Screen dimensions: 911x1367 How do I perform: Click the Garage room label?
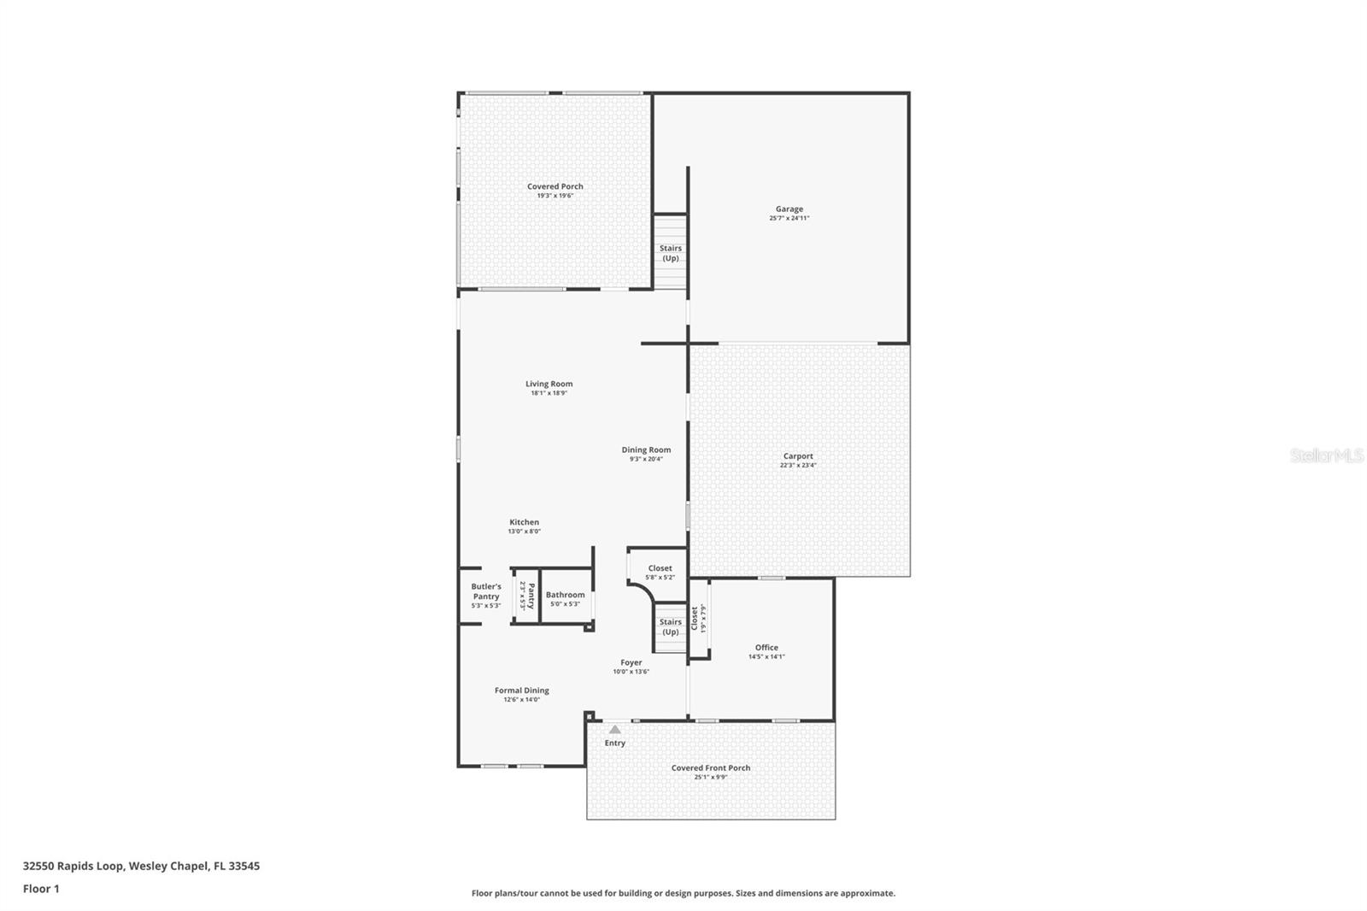click(x=789, y=209)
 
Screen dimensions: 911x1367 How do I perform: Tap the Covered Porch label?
click(x=554, y=186)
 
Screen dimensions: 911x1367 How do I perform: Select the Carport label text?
click(x=798, y=456)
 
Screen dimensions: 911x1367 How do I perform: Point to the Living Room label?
click(x=549, y=384)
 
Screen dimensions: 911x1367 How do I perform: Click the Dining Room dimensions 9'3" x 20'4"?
click(x=646, y=460)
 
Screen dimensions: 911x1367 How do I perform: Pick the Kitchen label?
click(x=524, y=522)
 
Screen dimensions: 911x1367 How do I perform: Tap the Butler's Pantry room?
click(x=486, y=596)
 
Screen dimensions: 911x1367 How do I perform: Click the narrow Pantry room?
click(x=526, y=596)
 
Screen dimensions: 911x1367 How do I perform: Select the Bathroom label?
click(x=565, y=595)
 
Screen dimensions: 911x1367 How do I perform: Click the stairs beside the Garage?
click(x=671, y=253)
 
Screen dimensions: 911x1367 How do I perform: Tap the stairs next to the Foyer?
click(x=671, y=627)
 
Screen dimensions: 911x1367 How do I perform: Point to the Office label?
click(x=766, y=648)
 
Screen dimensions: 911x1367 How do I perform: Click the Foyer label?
click(x=631, y=662)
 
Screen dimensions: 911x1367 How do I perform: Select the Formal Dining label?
click(x=521, y=691)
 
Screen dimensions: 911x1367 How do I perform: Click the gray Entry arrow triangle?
click(x=615, y=730)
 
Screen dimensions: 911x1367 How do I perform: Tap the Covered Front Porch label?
click(x=710, y=767)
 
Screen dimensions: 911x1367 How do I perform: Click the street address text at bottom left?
click(x=141, y=866)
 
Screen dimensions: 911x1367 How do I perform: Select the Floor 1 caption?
click(x=41, y=889)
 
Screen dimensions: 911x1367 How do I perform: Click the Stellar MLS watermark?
click(x=1326, y=456)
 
